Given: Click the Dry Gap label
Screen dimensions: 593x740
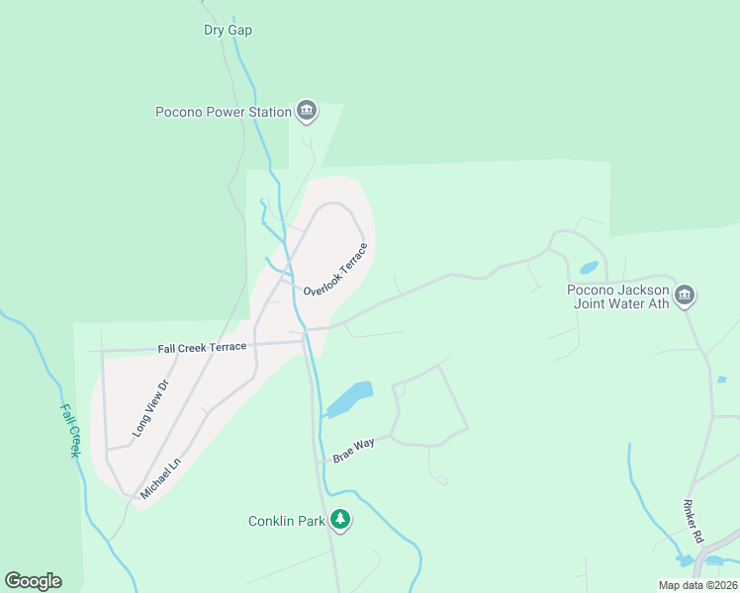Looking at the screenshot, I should tap(228, 31).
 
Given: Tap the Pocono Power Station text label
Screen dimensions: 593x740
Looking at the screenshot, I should tap(224, 112).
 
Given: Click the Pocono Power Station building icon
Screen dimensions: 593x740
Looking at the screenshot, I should tap(307, 111).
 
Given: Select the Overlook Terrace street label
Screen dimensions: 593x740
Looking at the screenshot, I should tap(335, 270).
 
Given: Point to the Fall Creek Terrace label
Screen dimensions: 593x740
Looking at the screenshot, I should tap(202, 348).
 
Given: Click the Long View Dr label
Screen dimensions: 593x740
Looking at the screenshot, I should tap(151, 408).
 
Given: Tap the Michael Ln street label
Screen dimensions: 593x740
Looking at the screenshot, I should tap(161, 477).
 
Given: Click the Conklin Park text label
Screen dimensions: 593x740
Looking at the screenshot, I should tap(286, 520).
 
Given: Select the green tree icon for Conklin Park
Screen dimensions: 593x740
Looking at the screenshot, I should tap(340, 519).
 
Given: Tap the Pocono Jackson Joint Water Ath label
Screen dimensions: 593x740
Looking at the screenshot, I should tap(618, 296).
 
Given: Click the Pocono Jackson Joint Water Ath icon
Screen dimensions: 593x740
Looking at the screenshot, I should tap(685, 295).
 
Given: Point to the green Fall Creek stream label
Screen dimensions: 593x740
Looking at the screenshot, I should tap(69, 430).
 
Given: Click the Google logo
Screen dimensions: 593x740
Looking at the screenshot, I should tap(33, 581).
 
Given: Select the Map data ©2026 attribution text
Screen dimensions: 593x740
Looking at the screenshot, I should tap(697, 585).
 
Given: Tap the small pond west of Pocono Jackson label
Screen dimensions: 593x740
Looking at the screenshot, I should tap(589, 268).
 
